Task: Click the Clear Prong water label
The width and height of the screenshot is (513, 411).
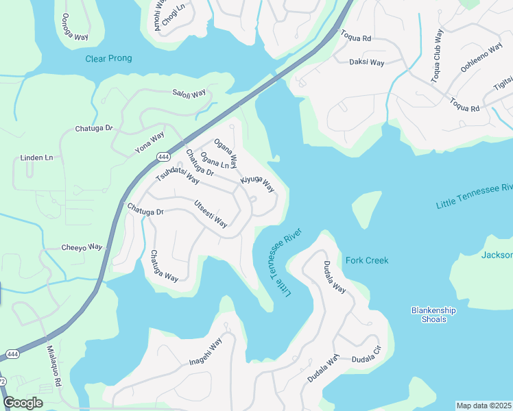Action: pos(108,59)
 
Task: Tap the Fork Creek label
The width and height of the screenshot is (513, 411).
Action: pos(367,260)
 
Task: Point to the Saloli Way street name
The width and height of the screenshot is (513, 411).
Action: pos(189,93)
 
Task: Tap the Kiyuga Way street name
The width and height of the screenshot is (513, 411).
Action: pos(257,184)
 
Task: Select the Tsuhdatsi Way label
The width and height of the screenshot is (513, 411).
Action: pos(177,175)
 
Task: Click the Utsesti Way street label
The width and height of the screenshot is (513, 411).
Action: pos(211,214)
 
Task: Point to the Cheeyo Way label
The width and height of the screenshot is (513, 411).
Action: pos(82,247)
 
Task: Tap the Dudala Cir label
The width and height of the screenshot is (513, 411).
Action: pos(366,359)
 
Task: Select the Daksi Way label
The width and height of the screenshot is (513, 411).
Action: pos(367,62)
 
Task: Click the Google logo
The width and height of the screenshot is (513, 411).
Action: pos(23,402)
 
